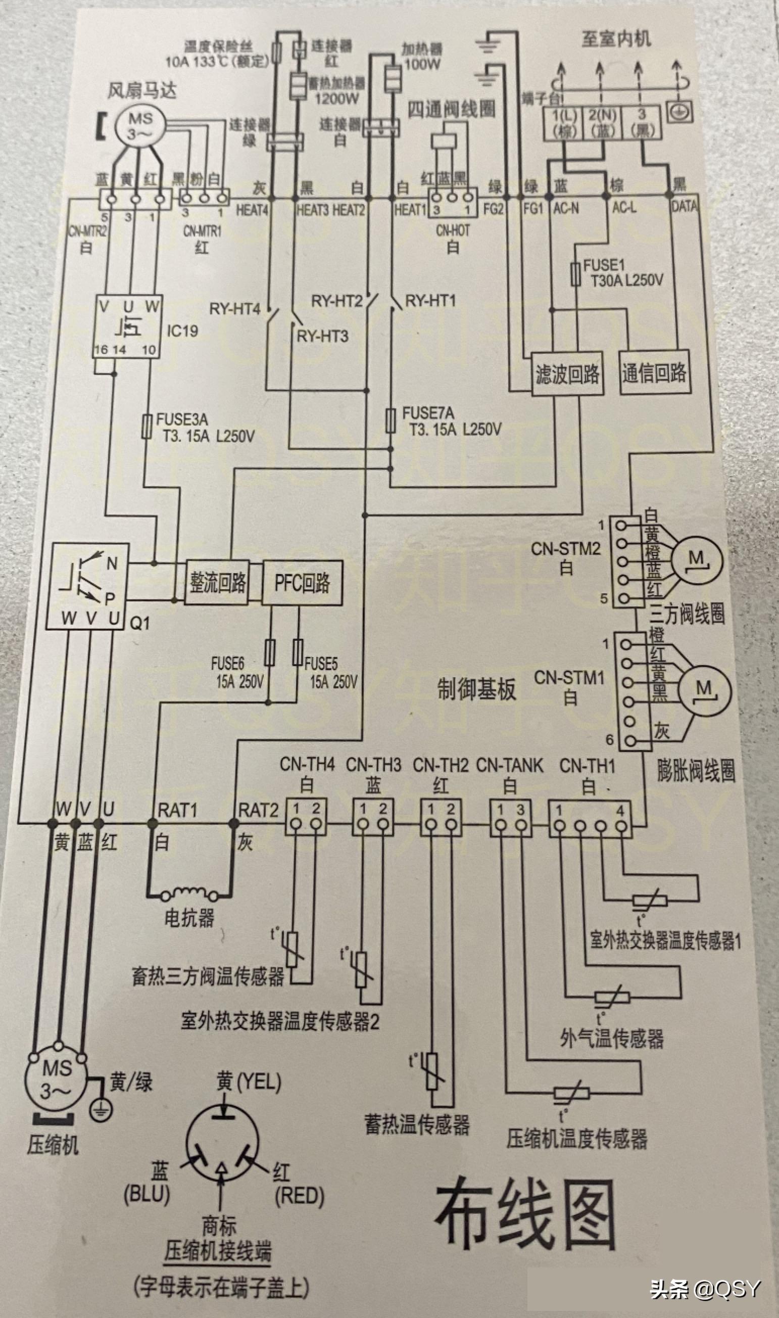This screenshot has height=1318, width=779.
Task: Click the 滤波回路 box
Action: point(567,374)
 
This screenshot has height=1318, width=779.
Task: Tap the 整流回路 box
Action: point(218,583)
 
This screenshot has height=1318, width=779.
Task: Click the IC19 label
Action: point(182,331)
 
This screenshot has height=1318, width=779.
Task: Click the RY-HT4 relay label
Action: point(234,309)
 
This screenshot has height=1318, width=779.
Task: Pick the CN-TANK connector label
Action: point(510,765)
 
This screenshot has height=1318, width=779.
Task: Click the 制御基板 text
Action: point(476,690)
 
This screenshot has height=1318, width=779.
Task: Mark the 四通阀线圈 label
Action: point(452,110)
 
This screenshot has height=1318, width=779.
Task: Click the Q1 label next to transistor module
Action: point(140,623)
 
